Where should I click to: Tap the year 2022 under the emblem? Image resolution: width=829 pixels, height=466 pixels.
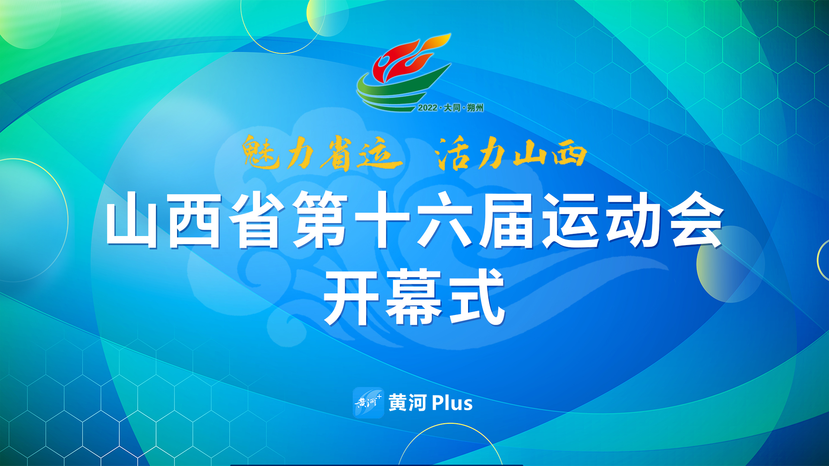click(427, 108)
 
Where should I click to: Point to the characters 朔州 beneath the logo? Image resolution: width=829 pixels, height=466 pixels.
click(475, 108)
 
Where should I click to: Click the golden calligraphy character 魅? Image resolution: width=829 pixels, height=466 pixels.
click(260, 152)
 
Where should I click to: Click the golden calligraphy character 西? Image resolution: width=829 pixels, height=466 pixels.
click(570, 154)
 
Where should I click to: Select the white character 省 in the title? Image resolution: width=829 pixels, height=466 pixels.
click(256, 220)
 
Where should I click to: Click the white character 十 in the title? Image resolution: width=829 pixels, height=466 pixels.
click(382, 220)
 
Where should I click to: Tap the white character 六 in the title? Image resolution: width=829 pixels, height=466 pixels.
click(444, 220)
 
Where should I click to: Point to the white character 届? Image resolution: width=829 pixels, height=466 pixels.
click(506, 220)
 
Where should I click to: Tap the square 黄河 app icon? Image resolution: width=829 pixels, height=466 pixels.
click(368, 403)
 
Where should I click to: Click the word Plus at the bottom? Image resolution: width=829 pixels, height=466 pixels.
click(452, 403)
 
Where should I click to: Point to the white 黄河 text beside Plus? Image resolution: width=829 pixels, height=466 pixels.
click(408, 403)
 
